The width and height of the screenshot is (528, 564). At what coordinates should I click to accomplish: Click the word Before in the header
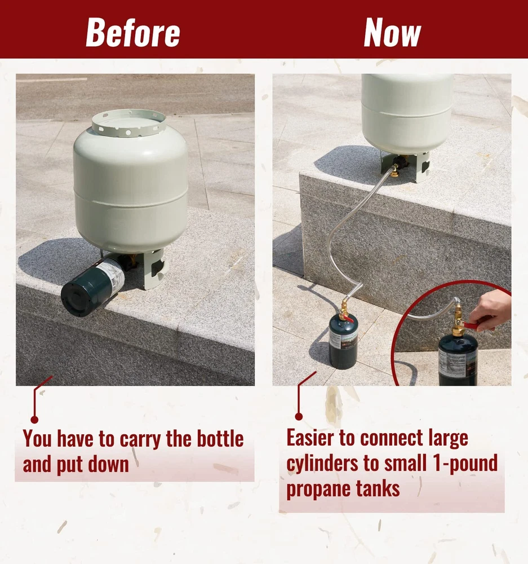133,32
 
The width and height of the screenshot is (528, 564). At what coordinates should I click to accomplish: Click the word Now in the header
392,32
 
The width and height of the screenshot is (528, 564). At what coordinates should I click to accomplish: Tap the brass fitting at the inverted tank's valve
394,170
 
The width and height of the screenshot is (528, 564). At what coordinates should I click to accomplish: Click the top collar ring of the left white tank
128,123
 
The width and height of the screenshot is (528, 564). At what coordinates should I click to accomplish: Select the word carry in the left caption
141,439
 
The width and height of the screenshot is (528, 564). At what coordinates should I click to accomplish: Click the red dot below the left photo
34,420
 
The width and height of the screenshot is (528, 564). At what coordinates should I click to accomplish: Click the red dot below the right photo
299,417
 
